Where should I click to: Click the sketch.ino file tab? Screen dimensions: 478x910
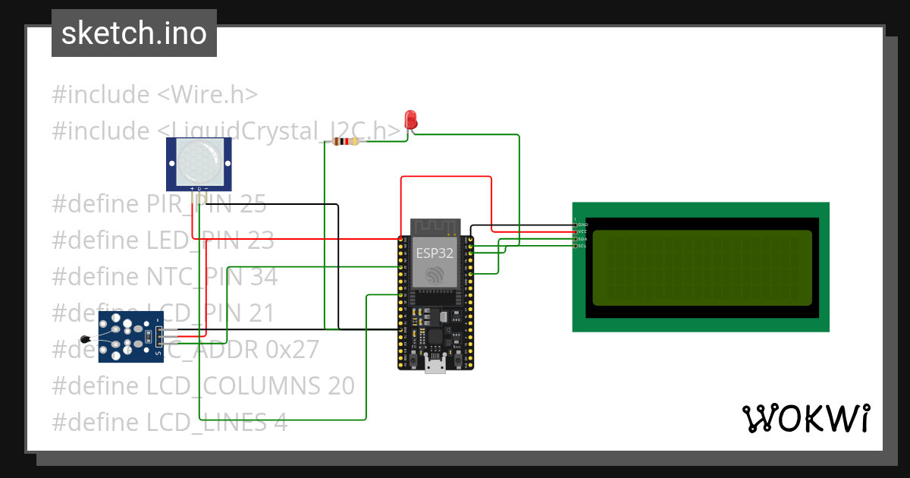(x=134, y=33)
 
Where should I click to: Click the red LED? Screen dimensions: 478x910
(x=410, y=120)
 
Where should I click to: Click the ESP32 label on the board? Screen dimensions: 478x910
(x=435, y=253)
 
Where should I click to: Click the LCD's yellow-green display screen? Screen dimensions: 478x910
(x=701, y=268)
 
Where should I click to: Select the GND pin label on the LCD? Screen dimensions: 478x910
(x=582, y=225)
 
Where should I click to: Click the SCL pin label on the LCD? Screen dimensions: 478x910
(x=582, y=246)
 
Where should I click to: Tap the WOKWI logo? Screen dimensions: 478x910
(x=805, y=418)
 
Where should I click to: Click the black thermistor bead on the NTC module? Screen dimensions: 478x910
(x=84, y=341)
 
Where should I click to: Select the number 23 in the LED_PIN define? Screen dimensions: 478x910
(x=260, y=241)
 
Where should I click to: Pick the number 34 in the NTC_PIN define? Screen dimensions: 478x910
(x=264, y=277)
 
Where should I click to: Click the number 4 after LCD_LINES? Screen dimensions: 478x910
(x=281, y=423)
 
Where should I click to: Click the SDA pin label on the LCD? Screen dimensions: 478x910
(x=582, y=239)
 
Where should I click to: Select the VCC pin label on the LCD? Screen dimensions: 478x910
(x=582, y=231)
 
